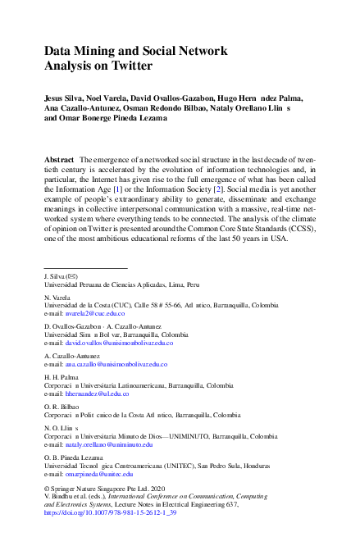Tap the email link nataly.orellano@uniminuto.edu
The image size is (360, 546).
click(x=104, y=444)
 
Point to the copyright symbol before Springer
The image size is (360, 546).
click(x=47, y=489)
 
